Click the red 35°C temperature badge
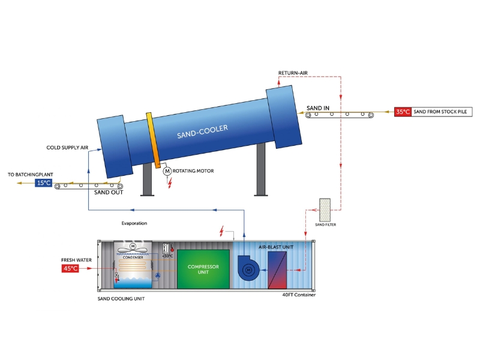[x=403, y=112]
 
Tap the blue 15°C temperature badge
[x=43, y=182]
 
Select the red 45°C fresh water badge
[x=70, y=268]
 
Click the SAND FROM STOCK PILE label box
[x=441, y=112]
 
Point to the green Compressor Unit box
[x=203, y=269]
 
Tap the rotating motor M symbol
[x=167, y=172]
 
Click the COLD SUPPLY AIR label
[x=67, y=147]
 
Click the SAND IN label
[x=318, y=108]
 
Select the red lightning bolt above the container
[x=223, y=231]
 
